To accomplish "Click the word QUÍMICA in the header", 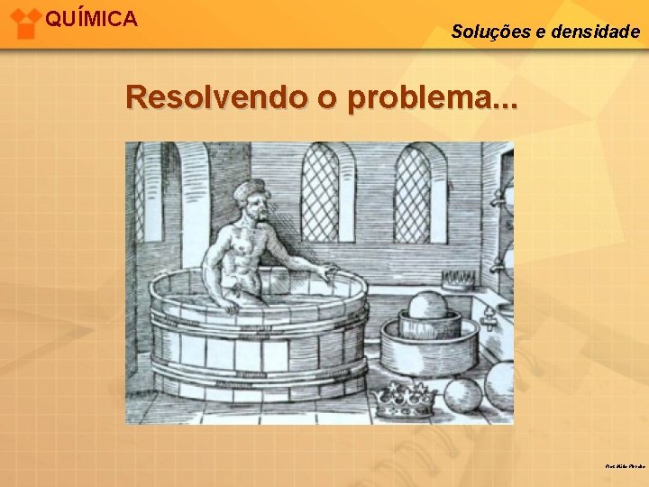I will coord(91,19).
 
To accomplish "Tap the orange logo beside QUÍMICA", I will coord(25,22).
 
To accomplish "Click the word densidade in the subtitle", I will coord(594,32).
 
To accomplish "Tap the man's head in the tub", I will coord(251,202).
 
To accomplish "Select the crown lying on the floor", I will coord(405,400).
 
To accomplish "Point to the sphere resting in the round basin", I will coord(427,306).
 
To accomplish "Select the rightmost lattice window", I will coord(412,193).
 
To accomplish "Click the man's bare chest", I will coord(248,249).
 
